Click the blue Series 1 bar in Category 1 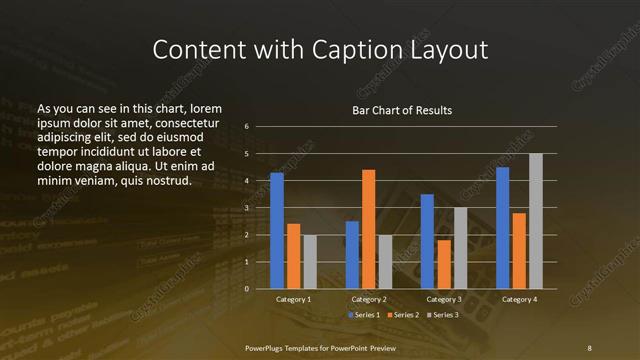[277, 231]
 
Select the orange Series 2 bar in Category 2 [368, 229]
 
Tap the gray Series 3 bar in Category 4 [536, 221]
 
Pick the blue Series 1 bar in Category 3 [427, 241]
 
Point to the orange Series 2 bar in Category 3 [444, 264]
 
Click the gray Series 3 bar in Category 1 [310, 262]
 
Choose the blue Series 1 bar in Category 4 [502, 228]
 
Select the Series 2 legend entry [402, 315]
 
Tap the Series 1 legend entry [362, 315]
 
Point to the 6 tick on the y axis [246, 127]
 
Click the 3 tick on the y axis [246, 208]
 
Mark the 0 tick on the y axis [246, 289]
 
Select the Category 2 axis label [368, 299]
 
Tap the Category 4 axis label [519, 299]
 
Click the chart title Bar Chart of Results [402, 110]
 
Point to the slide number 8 [589, 347]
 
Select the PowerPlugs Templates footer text [320, 347]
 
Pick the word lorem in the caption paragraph [205, 108]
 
